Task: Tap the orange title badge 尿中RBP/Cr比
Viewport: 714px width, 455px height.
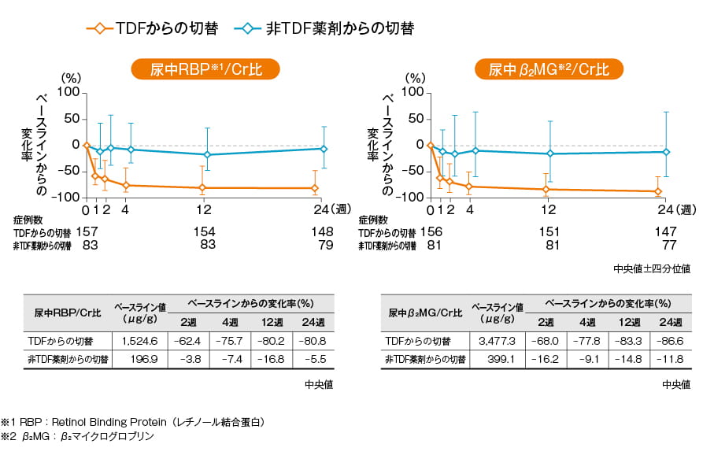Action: pos(205,69)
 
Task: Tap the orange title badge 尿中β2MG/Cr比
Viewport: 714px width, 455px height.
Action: pos(549,69)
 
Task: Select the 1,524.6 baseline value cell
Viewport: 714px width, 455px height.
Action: pos(140,341)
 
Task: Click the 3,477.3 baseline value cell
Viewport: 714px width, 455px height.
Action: pos(497,341)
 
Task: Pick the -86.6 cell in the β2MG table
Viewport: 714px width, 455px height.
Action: pos(671,341)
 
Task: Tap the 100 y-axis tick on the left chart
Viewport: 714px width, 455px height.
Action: pos(69,93)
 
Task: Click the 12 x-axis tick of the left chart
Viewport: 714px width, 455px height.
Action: pos(204,210)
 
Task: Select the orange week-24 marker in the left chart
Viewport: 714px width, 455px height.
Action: pos(315,188)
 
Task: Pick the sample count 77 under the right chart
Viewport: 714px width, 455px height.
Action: pos(666,246)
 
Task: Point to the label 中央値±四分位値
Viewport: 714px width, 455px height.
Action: pos(652,269)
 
